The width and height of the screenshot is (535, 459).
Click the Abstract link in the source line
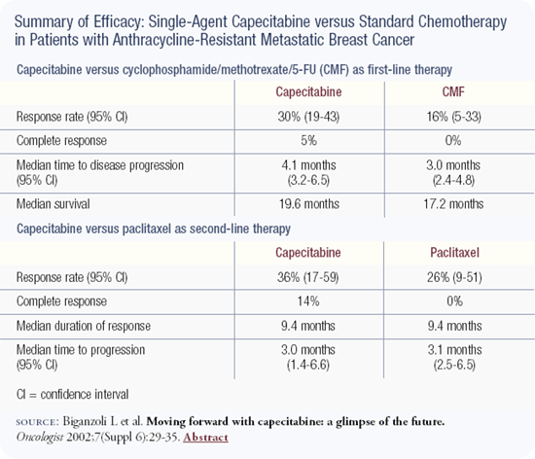pyautogui.click(x=205, y=438)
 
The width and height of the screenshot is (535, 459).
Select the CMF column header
pyautogui.click(x=453, y=92)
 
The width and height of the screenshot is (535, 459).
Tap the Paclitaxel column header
pyautogui.click(x=454, y=253)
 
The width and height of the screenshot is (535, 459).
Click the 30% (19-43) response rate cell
pyautogui.click(x=308, y=117)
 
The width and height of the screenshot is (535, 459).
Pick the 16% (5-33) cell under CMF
pyautogui.click(x=454, y=117)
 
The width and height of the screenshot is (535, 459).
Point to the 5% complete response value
pyautogui.click(x=308, y=141)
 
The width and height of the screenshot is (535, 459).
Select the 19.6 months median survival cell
pyautogui.click(x=309, y=204)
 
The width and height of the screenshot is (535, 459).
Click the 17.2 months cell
pyautogui.click(x=453, y=204)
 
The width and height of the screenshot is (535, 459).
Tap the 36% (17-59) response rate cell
pyautogui.click(x=307, y=277)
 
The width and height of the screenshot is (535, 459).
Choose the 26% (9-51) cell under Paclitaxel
pyautogui.click(x=454, y=277)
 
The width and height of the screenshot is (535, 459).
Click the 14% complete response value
pyautogui.click(x=308, y=301)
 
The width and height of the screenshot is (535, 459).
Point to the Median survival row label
pyautogui.click(x=53, y=204)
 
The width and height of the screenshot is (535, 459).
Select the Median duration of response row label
pyautogui.click(x=84, y=327)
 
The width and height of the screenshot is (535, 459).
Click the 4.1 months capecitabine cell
pyautogui.click(x=308, y=165)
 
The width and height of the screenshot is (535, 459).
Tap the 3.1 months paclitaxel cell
pyautogui.click(x=455, y=350)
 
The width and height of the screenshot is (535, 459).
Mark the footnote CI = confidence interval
pyautogui.click(x=72, y=395)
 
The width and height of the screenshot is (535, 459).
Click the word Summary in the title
pyautogui.click(x=44, y=22)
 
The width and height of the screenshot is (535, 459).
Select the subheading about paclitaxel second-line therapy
pyautogui.click(x=154, y=229)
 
